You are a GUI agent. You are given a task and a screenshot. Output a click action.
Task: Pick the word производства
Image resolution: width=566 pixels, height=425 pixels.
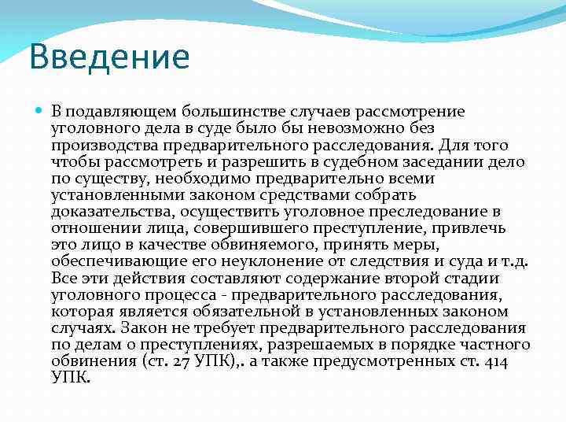(105, 145)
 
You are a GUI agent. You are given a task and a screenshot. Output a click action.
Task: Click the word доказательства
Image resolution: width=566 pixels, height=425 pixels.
(113, 212)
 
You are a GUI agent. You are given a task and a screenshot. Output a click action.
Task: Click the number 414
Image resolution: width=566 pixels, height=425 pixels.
(495, 361)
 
